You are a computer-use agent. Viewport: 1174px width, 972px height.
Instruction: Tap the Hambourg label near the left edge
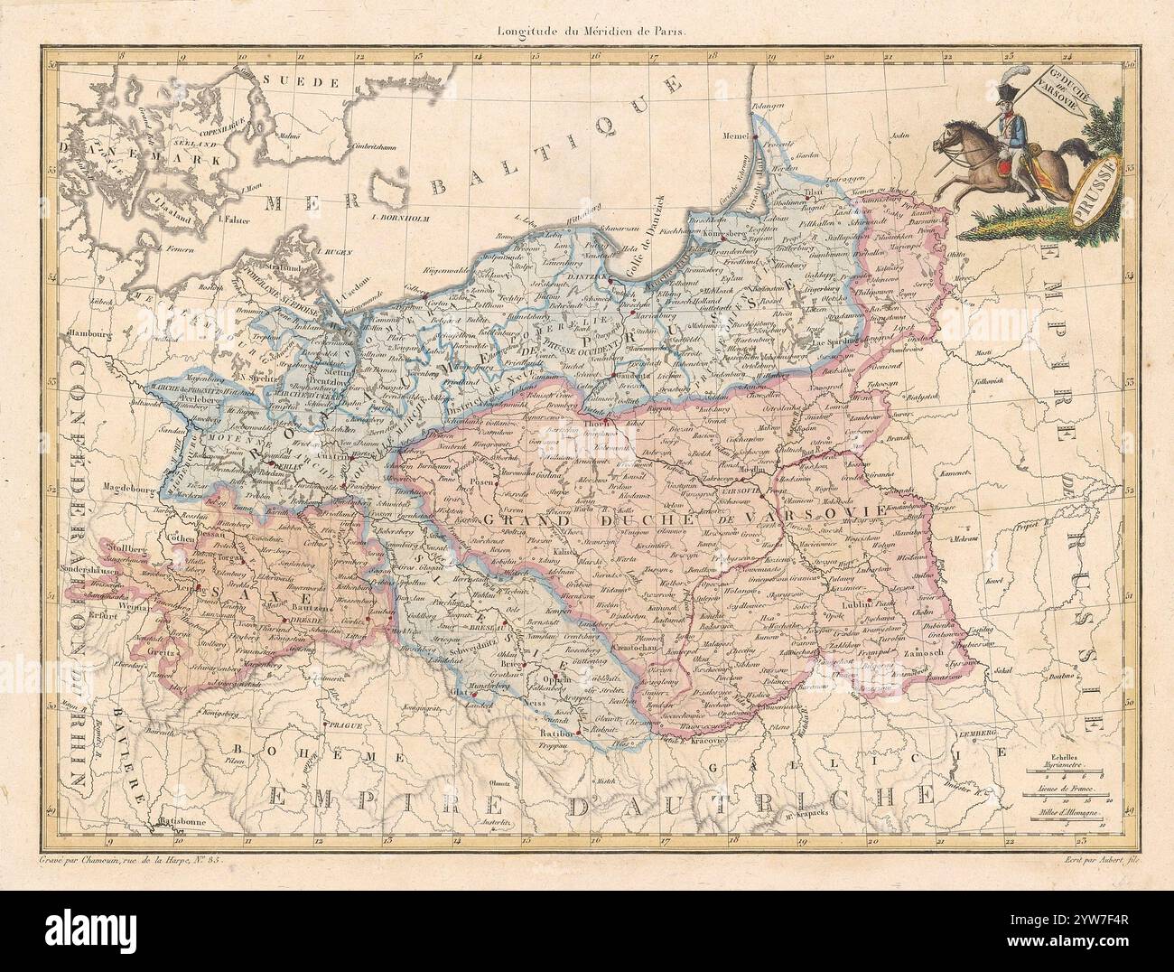(83, 332)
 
